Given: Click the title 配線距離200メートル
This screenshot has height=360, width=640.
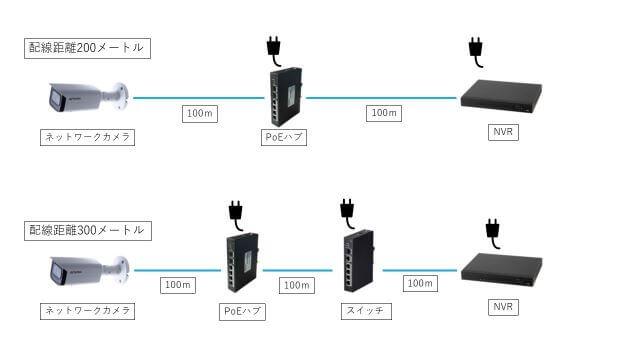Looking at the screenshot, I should pos(88,48).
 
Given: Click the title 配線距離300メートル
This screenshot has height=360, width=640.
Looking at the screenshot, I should pos(88,230).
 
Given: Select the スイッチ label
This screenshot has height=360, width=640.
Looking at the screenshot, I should pos(358,311).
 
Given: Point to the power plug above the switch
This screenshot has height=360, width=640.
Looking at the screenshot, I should pos(347,209).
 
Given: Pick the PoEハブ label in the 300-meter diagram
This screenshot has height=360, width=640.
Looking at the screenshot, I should pos(241,311).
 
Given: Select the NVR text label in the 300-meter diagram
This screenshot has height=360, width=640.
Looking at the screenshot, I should pos(504,306).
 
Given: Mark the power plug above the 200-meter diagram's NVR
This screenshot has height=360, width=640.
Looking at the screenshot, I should pos(476,49).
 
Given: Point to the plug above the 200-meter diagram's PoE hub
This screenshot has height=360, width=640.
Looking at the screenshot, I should pos(272,47).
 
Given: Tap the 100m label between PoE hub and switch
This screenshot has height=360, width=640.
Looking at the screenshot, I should pos(296,285).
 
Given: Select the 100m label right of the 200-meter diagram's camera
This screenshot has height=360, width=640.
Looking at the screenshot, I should pos(200,113).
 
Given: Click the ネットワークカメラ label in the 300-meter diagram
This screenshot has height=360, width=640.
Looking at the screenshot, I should pos(88,311).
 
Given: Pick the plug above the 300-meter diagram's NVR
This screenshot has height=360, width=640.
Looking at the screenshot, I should pos(492,231).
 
